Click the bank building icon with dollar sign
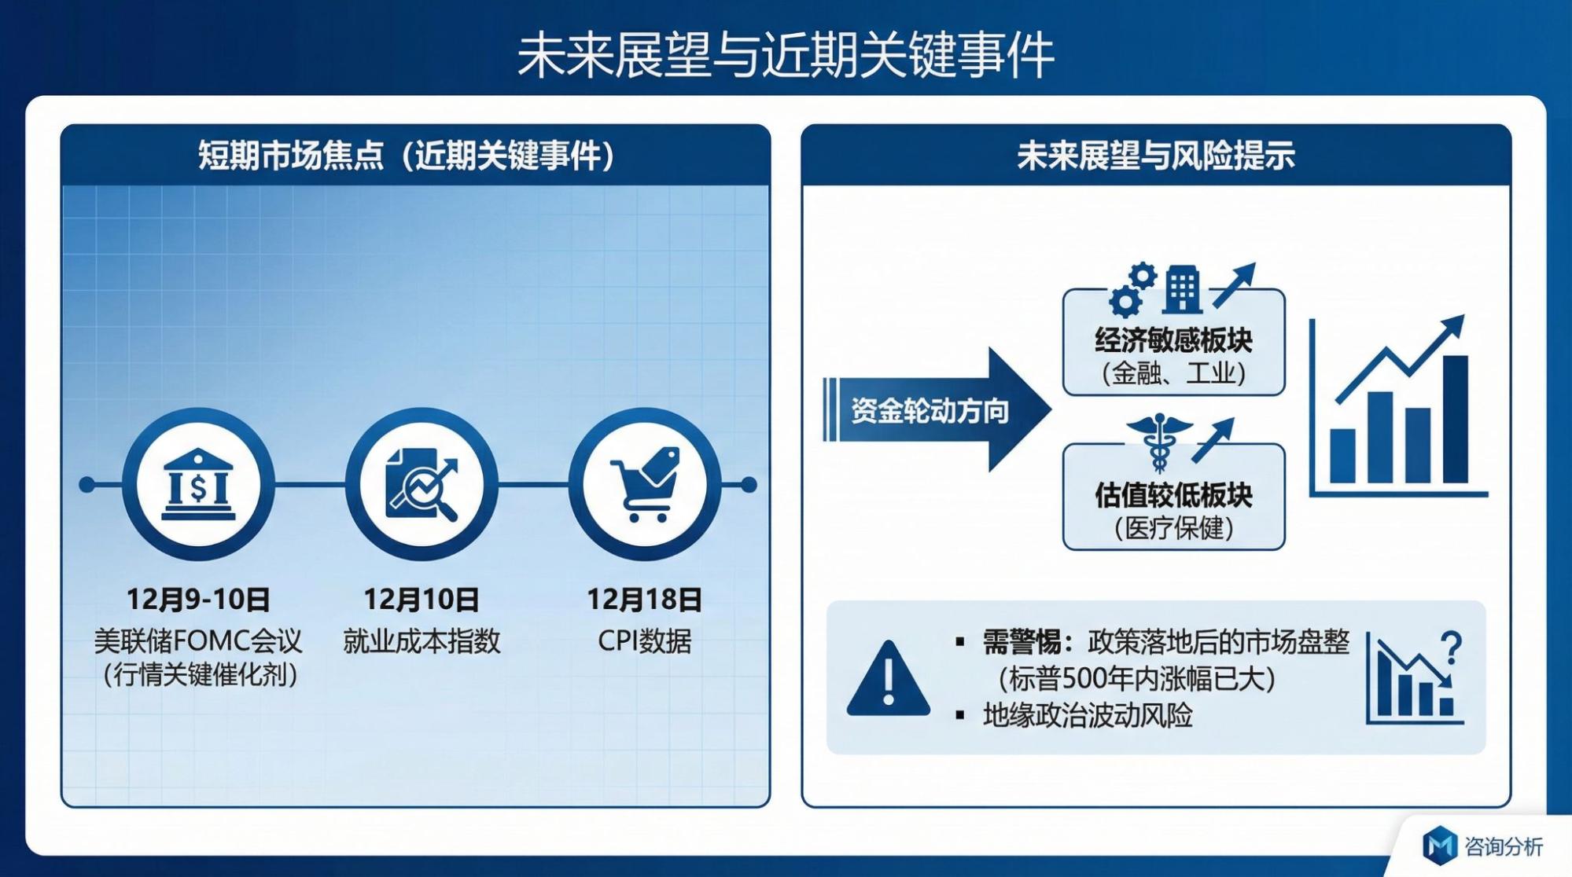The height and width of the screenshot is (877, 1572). tap(198, 484)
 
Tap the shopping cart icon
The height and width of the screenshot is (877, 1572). tap(645, 484)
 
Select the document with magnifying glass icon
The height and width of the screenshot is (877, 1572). tap(422, 484)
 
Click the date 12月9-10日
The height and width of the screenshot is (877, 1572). tap(198, 600)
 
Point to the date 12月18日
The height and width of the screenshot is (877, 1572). tap(645, 600)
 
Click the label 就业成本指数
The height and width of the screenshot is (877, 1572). tap(422, 641)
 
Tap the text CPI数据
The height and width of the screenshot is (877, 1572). tap(645, 641)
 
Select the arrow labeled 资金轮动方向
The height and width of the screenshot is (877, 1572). tap(936, 409)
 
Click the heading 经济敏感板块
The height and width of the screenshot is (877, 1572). tap(1173, 340)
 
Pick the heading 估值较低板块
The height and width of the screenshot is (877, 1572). tap(1173, 495)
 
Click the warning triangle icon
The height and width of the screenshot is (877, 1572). tap(889, 677)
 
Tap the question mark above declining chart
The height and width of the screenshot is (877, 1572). tap(1451, 648)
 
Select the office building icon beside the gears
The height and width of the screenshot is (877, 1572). tap(1183, 289)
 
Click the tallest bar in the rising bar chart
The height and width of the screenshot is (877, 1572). tap(1455, 419)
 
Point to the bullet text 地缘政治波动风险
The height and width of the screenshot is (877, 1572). tap(1088, 715)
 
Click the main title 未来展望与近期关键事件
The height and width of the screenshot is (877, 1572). tap(786, 55)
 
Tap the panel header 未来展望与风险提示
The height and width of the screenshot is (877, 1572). tap(1156, 156)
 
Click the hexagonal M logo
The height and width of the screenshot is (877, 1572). tap(1441, 846)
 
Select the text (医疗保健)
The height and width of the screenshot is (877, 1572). tap(1173, 528)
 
